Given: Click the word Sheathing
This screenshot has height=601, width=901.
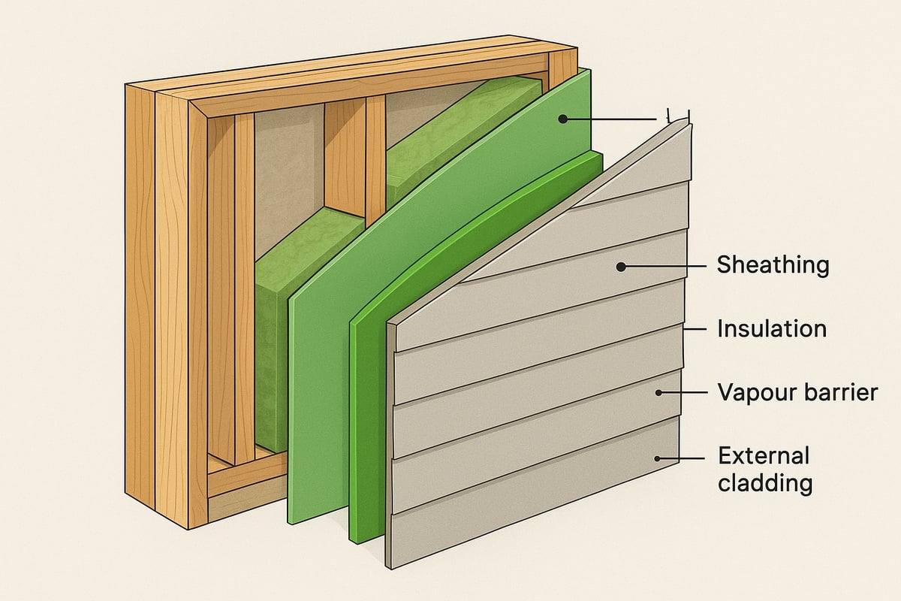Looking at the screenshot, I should pos(773,265).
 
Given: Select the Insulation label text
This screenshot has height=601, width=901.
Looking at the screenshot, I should pos(772,329).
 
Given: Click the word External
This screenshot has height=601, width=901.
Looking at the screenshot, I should pos(764,456).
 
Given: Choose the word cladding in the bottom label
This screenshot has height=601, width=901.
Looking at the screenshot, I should pos(765,483).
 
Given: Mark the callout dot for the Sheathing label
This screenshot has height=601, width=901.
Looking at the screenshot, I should pos(621,266).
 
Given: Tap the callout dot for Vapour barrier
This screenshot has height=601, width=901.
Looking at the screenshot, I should pos(658,392).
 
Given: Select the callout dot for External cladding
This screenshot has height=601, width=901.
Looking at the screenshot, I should pos(658,458).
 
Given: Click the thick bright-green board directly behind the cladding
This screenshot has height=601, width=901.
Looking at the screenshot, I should pos(368,421).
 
